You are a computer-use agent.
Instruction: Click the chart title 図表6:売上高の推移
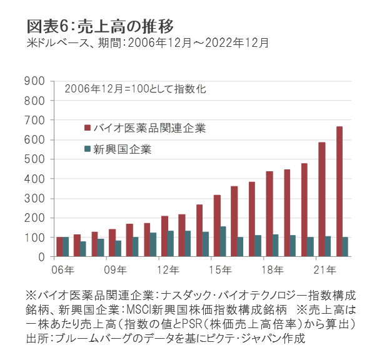[100, 26]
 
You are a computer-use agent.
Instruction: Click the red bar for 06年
[59, 247]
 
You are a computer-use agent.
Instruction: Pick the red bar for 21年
[322, 199]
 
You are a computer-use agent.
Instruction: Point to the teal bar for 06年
[66, 247]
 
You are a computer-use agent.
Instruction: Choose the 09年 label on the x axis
[114, 269]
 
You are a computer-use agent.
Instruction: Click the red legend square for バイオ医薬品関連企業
[88, 129]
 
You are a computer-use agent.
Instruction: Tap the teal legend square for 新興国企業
[88, 149]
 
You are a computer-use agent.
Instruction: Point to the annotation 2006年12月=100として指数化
[134, 89]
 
